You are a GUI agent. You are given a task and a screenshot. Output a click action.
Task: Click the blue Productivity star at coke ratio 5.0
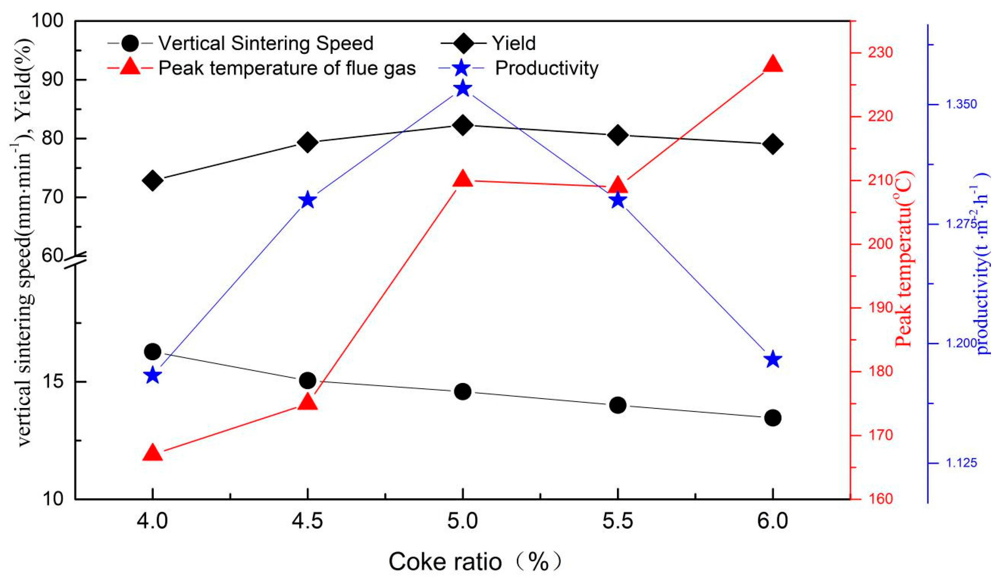click(x=463, y=89)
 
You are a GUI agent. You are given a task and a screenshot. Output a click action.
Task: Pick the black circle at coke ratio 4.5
click(x=308, y=380)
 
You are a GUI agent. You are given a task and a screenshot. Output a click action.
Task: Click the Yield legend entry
click(x=514, y=43)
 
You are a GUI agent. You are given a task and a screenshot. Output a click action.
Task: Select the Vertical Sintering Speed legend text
click(x=266, y=43)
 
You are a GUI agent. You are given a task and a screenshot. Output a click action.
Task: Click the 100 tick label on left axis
click(x=47, y=21)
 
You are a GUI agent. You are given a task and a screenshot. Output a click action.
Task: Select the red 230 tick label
click(x=879, y=53)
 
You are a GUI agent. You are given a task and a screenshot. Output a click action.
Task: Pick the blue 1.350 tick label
click(x=961, y=104)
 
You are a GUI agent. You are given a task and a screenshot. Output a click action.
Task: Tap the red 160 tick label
click(x=879, y=499)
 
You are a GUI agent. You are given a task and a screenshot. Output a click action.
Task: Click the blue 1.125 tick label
click(x=961, y=463)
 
